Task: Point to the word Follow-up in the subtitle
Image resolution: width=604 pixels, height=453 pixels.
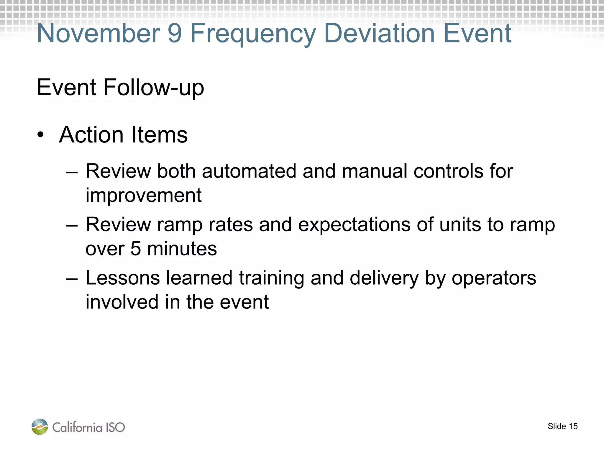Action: (x=154, y=88)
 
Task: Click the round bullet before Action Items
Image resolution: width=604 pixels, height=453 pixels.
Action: (x=41, y=135)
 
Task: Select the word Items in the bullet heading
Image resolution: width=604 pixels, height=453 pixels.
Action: (x=159, y=135)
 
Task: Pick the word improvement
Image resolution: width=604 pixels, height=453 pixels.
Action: (x=144, y=196)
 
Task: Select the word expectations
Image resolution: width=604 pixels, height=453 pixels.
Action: (x=354, y=225)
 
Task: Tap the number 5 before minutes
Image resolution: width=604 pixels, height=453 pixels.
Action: (x=135, y=249)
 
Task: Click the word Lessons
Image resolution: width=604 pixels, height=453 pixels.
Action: (x=122, y=278)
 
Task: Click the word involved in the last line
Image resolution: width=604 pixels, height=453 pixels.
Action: (x=122, y=302)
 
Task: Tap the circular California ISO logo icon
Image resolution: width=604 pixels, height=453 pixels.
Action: (x=40, y=427)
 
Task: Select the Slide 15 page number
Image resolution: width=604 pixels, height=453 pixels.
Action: (x=562, y=426)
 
